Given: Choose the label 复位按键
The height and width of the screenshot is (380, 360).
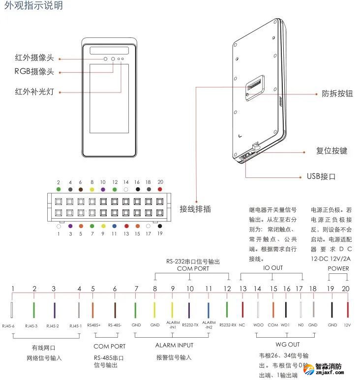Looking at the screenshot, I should tap(331, 150).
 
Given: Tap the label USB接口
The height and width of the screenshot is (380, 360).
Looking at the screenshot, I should tap(321, 176).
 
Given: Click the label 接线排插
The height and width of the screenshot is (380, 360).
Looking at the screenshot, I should tap(195, 209).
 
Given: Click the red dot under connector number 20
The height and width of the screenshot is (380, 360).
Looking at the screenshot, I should tap(160, 189).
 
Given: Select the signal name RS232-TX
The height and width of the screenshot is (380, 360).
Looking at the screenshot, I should tap(190, 325).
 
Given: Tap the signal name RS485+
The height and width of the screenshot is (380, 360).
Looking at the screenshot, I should tap(93, 325).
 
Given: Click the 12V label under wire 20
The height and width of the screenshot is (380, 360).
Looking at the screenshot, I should tap(348, 325).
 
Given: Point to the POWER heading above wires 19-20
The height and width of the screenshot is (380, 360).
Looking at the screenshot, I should tap(338, 268).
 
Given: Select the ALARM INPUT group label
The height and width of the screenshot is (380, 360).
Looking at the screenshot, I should tap(174, 345).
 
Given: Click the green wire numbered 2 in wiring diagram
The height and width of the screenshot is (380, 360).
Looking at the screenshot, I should tap(34, 310).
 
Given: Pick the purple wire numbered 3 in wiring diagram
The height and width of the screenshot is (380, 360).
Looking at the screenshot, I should tap(54, 310).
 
